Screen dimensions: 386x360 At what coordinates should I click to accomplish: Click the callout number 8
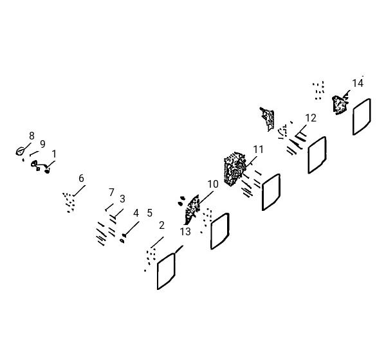pyautogui.click(x=32, y=136)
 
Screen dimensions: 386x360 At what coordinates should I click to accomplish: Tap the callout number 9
pyautogui.click(x=42, y=144)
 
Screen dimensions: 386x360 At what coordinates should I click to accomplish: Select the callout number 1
pyautogui.click(x=54, y=154)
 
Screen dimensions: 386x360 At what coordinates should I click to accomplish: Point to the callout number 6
pyautogui.click(x=81, y=178)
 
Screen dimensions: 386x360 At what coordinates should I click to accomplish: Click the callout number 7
pyautogui.click(x=111, y=192)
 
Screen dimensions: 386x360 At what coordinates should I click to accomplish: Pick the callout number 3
pyautogui.click(x=122, y=199)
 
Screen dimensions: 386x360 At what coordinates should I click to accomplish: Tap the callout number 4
pyautogui.click(x=136, y=213)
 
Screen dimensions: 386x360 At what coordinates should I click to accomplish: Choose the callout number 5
pyautogui.click(x=150, y=213)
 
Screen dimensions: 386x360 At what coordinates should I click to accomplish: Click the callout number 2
pyautogui.click(x=161, y=225)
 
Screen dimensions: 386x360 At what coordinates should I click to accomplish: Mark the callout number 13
pyautogui.click(x=185, y=231)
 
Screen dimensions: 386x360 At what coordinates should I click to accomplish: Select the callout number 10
pyautogui.click(x=213, y=184)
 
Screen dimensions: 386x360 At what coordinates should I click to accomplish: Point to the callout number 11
pyautogui.click(x=258, y=149)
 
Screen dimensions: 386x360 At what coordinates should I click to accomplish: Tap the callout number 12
pyautogui.click(x=311, y=118)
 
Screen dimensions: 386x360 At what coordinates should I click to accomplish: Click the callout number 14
pyautogui.click(x=358, y=84)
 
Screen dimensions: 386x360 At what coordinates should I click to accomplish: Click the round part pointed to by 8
pyautogui.click(x=20, y=151)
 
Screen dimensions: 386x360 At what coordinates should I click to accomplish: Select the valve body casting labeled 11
pyautogui.click(x=234, y=169)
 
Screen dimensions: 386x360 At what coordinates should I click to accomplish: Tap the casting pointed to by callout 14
pyautogui.click(x=340, y=105)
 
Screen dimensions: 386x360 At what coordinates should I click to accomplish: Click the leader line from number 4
pyautogui.click(x=132, y=228)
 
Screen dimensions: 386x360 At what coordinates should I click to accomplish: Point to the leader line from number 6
pyautogui.click(x=79, y=190)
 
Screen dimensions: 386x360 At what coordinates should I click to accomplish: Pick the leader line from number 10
pyautogui.click(x=206, y=197)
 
